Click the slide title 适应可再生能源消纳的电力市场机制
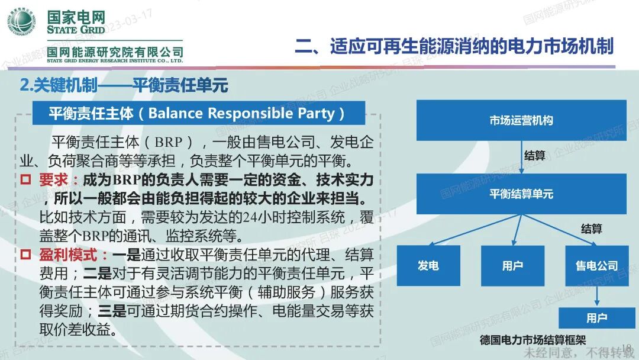(454, 46)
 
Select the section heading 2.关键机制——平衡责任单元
(124, 85)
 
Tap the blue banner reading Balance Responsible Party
(198, 112)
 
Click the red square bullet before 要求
(25, 179)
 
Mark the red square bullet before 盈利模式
(25, 255)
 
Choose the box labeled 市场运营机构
(521, 120)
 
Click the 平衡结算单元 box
(521, 194)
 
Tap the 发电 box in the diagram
(428, 266)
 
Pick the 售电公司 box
(596, 266)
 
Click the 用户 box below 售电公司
(596, 318)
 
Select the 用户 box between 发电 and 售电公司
(512, 266)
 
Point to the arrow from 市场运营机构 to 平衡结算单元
(521, 156)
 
